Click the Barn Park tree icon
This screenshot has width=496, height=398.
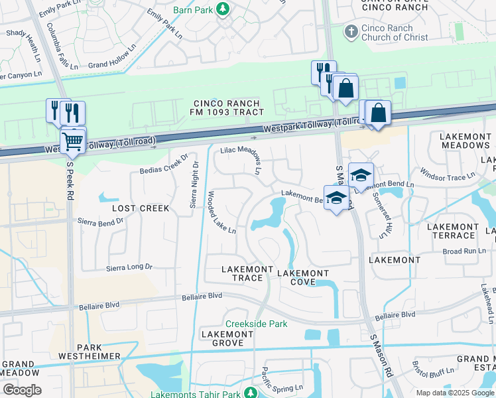[x=223, y=9]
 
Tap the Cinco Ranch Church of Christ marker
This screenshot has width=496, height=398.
[x=351, y=31]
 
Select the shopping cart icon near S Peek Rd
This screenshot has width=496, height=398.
[x=73, y=141]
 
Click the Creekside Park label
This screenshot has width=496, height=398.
[x=256, y=324]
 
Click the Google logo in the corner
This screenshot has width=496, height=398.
[x=21, y=390]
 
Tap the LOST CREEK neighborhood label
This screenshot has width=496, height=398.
[x=141, y=208]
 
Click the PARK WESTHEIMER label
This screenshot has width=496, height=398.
[x=99, y=352]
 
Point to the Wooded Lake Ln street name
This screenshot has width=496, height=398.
[x=222, y=213]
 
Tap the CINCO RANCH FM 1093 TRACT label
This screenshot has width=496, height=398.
[x=228, y=107]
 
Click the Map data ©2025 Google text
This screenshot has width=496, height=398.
[x=454, y=393]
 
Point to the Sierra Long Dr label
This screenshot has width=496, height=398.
[x=130, y=267]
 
